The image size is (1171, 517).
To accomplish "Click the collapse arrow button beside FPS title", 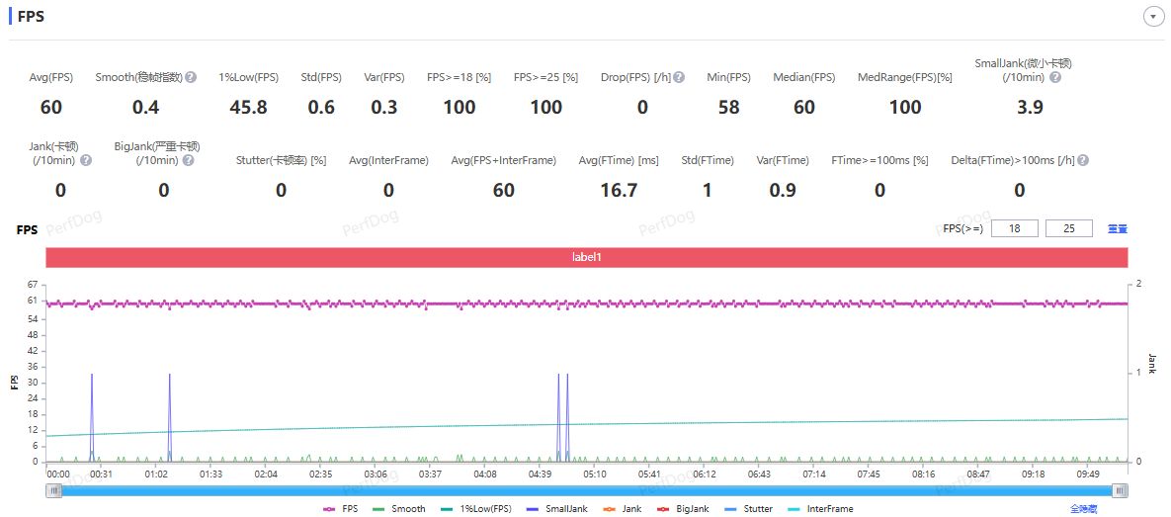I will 1152,17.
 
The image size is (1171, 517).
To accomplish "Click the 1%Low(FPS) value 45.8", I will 248,108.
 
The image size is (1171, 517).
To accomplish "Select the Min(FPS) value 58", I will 728,108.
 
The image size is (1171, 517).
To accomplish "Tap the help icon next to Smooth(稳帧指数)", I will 191,77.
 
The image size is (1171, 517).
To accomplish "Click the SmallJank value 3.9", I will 1030,108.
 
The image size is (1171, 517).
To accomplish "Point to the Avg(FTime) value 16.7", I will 619,190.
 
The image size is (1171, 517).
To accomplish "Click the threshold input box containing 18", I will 1014,228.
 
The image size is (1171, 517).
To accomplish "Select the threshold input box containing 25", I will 1068,228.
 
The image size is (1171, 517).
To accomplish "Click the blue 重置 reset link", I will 1118,228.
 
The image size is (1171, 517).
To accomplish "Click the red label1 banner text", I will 586,257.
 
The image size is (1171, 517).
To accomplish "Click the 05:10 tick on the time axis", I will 594,474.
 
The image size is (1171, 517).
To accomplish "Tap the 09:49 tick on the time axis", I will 1087,474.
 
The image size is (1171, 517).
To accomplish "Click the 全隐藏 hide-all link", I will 1083,509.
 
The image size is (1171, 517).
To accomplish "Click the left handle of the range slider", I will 54,490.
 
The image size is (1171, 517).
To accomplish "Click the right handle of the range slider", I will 1119,490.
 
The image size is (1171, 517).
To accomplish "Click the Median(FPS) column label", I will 804,77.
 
